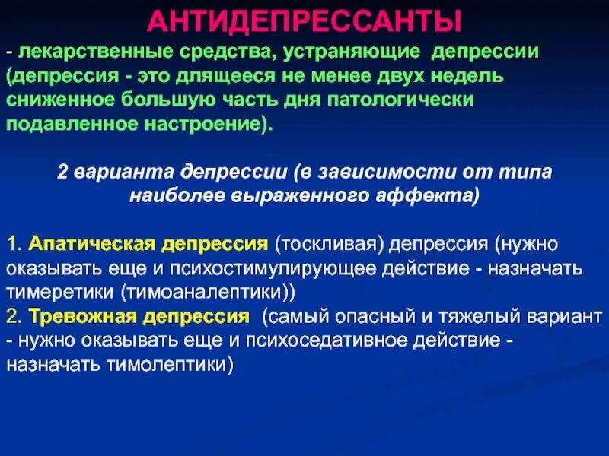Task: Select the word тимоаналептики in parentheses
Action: [218, 292]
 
